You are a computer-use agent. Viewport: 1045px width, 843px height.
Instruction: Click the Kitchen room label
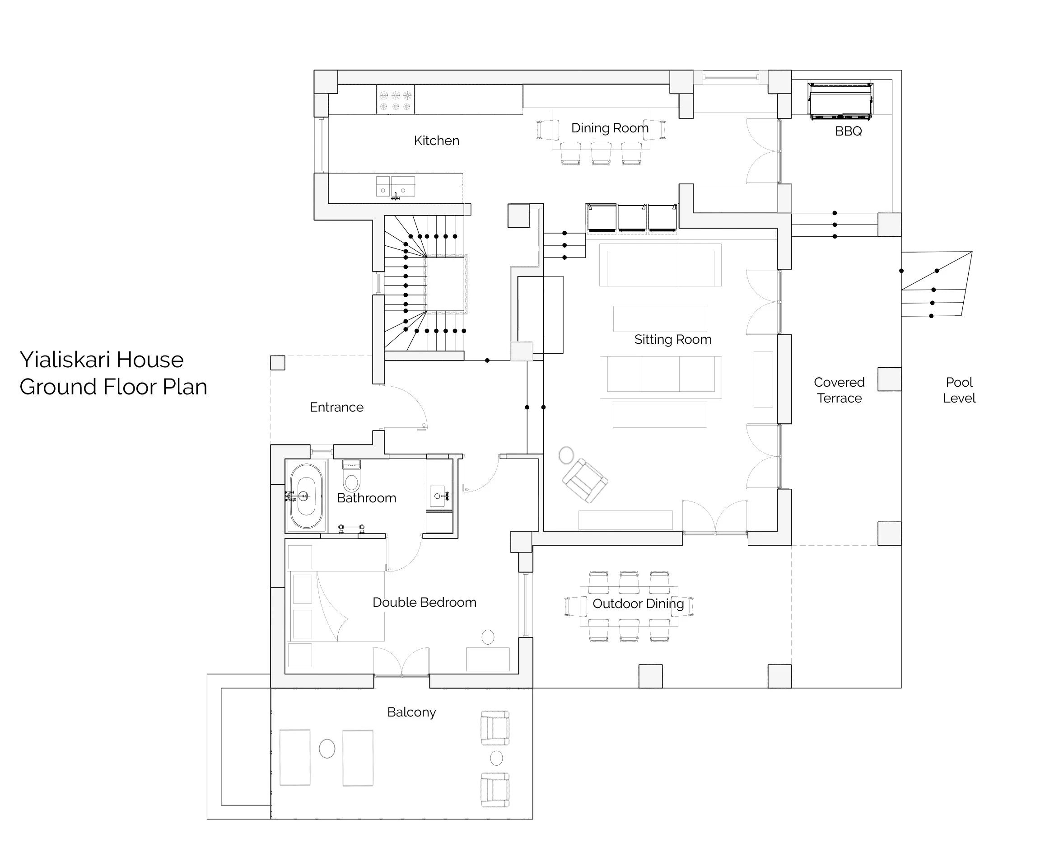(436, 141)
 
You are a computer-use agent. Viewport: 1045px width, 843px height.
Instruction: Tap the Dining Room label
(610, 128)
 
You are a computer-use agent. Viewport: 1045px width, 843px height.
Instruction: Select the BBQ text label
(849, 131)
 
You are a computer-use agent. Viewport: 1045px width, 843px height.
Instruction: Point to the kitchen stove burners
(396, 100)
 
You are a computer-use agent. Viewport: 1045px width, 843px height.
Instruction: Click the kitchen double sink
(396, 187)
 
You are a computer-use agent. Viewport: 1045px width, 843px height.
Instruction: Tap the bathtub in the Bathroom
(305, 496)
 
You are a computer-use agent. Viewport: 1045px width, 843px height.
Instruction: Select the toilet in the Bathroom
(351, 476)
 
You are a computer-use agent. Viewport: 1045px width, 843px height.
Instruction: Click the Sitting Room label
(673, 339)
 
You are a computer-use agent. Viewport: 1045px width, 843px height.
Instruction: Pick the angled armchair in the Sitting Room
(584, 481)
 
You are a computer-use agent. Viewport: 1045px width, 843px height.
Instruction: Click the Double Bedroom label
(424, 603)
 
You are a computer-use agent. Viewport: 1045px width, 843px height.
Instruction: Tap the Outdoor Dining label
(638, 604)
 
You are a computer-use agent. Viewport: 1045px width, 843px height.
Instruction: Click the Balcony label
(411, 712)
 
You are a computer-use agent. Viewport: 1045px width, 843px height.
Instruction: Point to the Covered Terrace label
(839, 390)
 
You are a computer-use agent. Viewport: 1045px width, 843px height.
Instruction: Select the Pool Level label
(959, 390)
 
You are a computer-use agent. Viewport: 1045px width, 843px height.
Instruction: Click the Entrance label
(336, 407)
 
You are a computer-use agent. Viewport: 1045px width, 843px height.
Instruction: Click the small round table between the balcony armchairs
(496, 758)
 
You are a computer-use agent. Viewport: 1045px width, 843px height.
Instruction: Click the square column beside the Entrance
(278, 363)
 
